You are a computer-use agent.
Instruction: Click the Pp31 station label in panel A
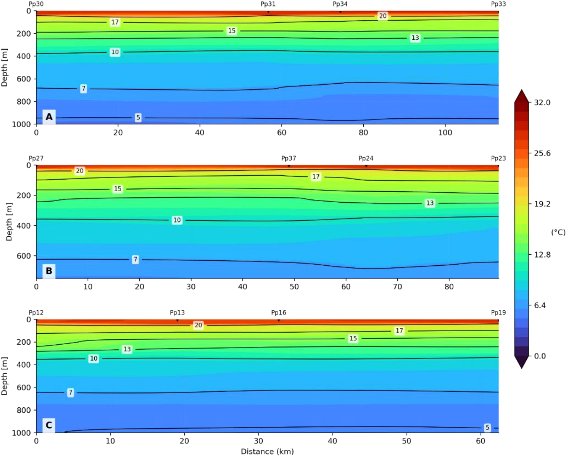click(x=268, y=4)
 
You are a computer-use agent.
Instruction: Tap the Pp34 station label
click(x=340, y=4)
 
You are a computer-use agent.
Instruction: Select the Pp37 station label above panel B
click(x=288, y=158)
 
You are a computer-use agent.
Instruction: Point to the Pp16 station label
click(x=278, y=312)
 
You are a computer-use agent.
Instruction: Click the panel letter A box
click(x=49, y=117)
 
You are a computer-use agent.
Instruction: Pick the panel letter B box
click(x=49, y=271)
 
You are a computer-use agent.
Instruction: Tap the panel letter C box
click(x=49, y=425)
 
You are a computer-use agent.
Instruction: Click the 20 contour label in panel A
click(x=383, y=16)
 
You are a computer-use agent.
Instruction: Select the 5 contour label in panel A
click(x=138, y=118)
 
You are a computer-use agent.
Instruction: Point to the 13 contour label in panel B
click(x=430, y=203)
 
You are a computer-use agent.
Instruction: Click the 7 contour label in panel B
click(x=135, y=259)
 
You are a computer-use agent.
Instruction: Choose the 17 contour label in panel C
click(x=399, y=331)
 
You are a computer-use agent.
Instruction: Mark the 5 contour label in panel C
click(x=487, y=428)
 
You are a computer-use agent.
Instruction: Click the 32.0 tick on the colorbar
click(x=542, y=102)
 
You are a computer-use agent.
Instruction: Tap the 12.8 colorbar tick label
click(x=542, y=255)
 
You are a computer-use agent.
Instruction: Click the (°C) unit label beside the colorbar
click(x=558, y=232)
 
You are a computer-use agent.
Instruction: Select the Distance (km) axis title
click(x=267, y=451)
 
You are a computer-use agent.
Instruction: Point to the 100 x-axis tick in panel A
click(x=445, y=133)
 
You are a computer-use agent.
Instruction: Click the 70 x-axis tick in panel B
click(x=397, y=287)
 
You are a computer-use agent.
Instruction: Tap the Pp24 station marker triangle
click(x=366, y=166)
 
